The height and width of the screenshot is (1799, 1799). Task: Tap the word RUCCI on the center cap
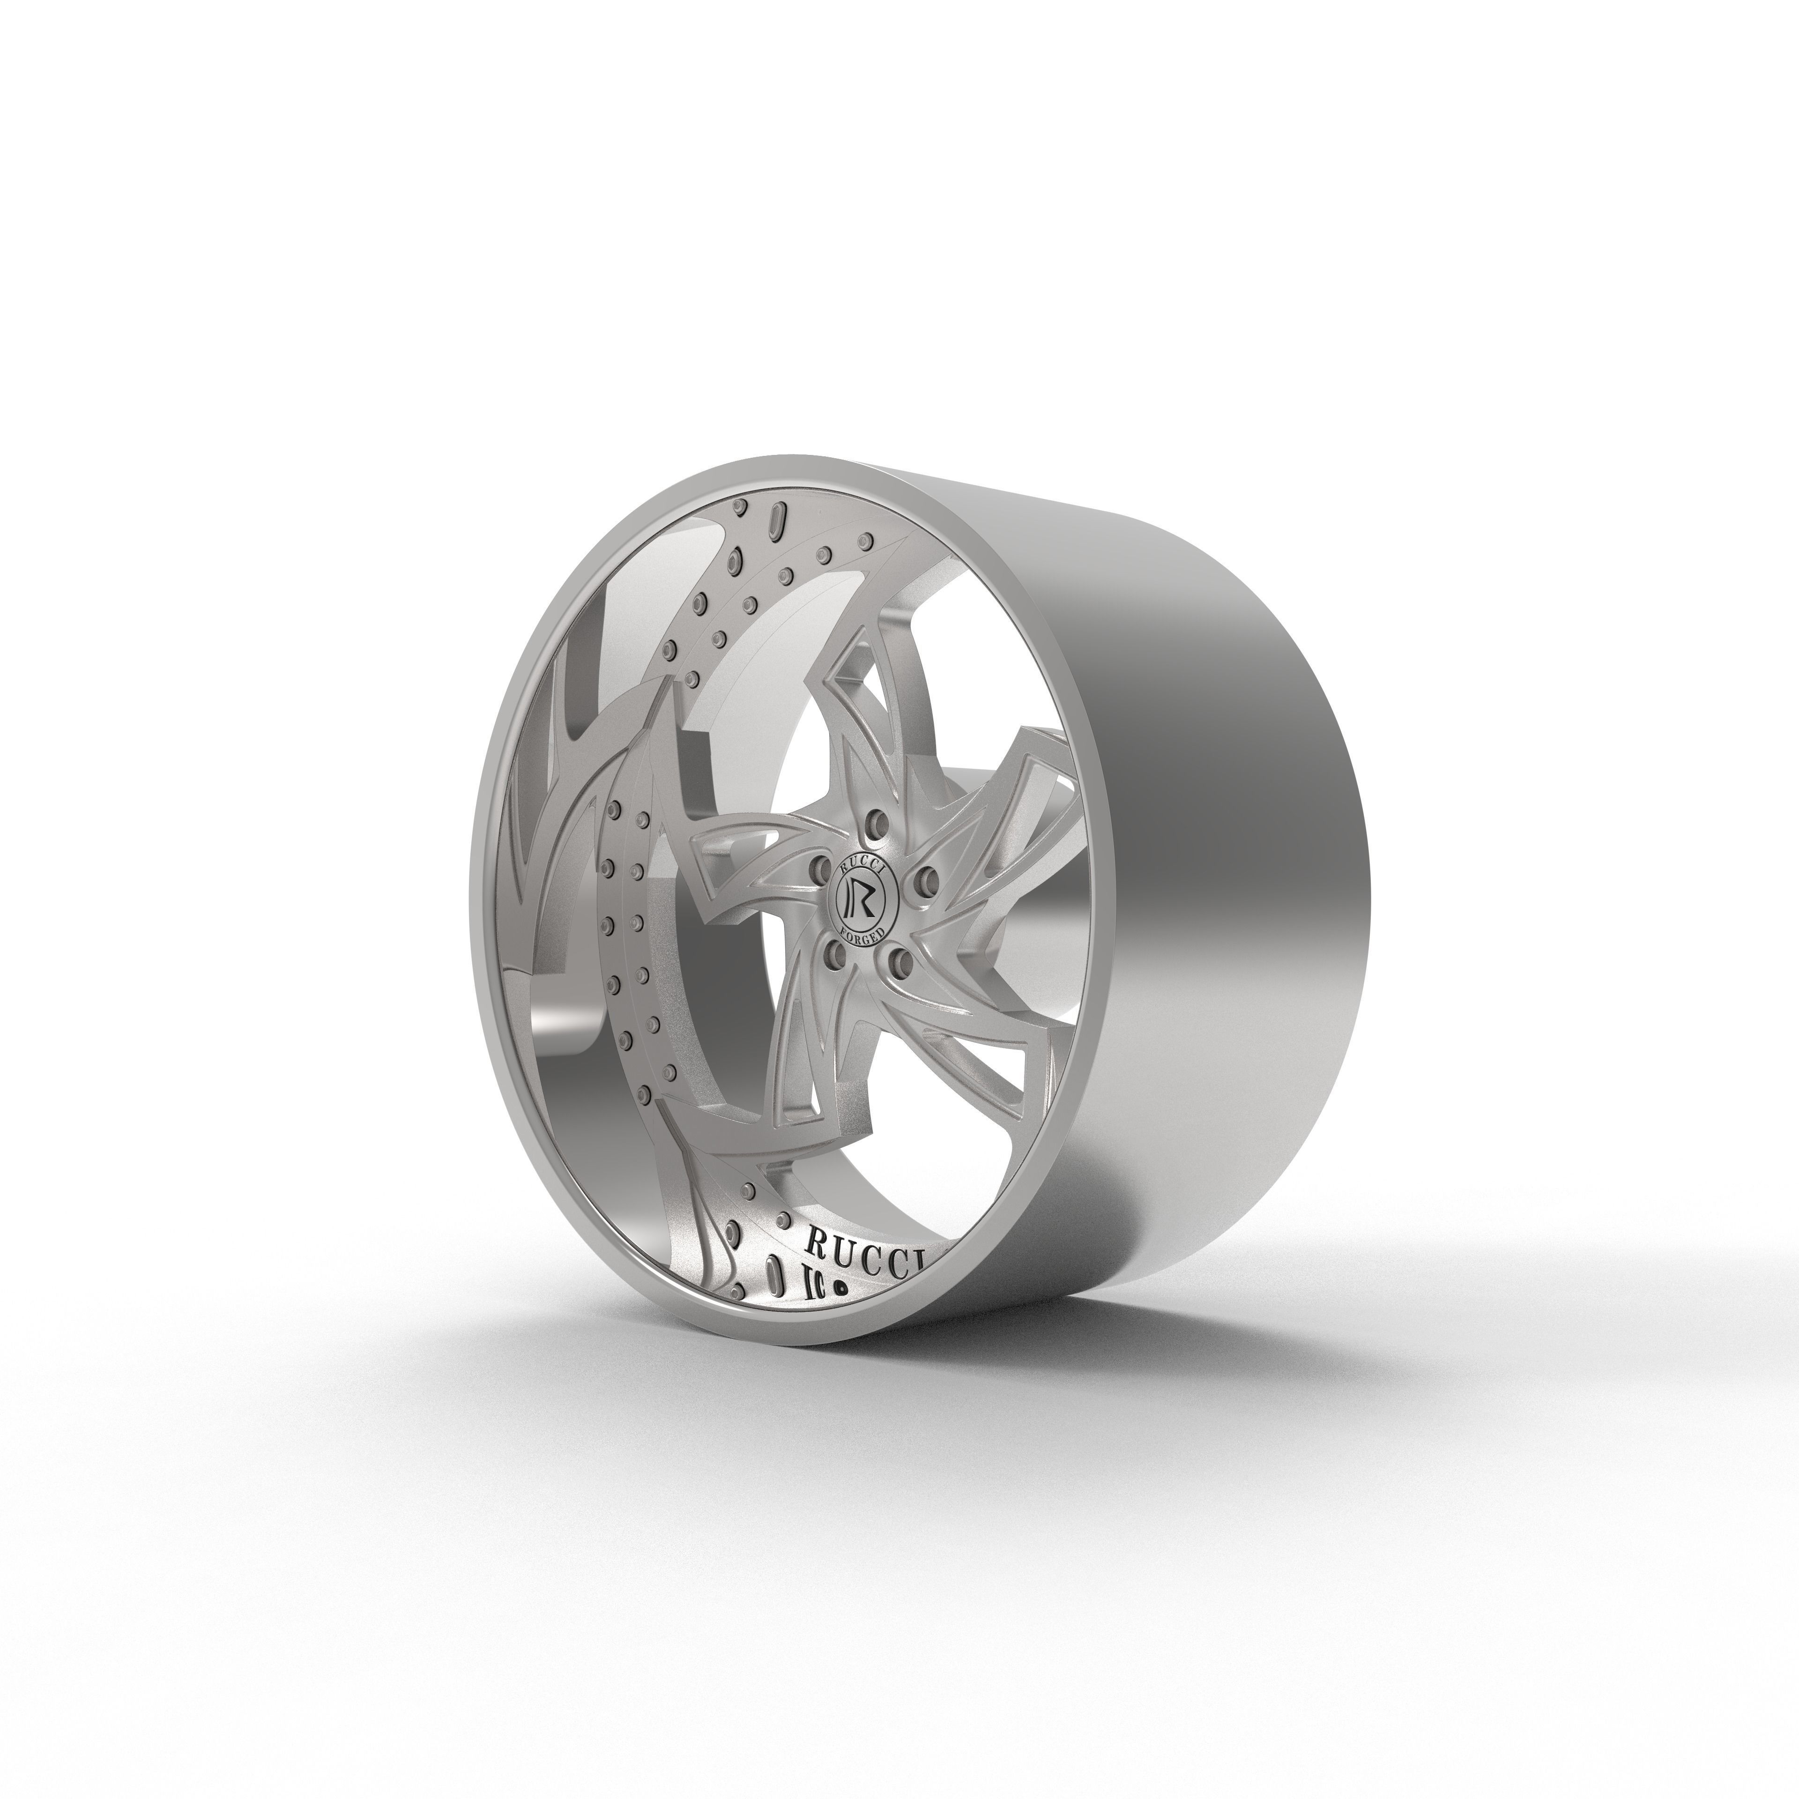(x=859, y=862)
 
